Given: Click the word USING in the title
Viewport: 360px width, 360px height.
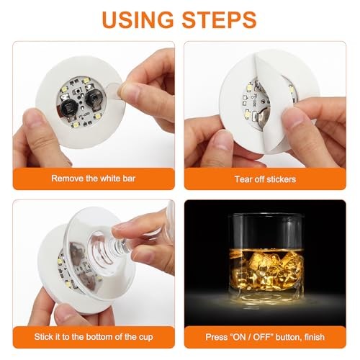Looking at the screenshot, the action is pyautogui.click(x=138, y=19).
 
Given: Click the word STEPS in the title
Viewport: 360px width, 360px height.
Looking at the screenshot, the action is pyautogui.click(x=220, y=19).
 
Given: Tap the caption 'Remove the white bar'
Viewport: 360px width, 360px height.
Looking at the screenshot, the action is pyautogui.click(x=94, y=179).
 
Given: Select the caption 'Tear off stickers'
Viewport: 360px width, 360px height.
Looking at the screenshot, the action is pyautogui.click(x=265, y=179).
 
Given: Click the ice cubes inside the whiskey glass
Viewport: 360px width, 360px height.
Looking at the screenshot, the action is pyautogui.click(x=265, y=270).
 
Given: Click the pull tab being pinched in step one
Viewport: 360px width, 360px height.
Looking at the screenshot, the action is pyautogui.click(x=113, y=91).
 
